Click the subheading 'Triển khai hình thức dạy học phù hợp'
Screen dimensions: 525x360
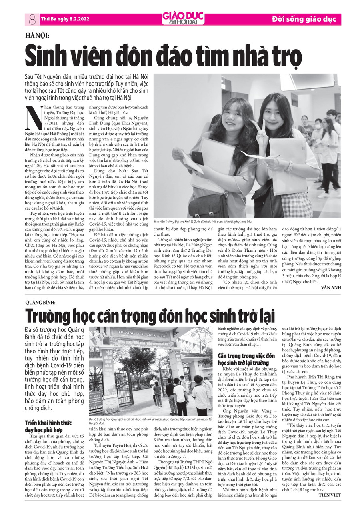click(x=43, y=427)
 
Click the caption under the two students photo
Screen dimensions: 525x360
click(x=203, y=221)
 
